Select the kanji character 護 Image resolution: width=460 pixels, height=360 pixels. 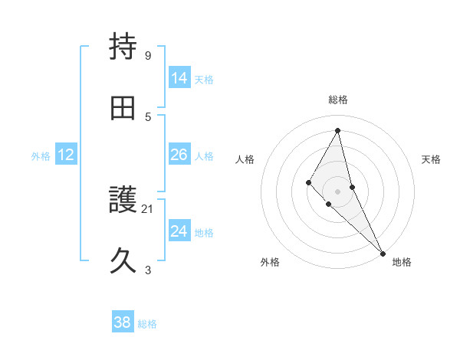click(x=123, y=201)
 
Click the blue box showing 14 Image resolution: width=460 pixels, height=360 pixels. click(x=179, y=78)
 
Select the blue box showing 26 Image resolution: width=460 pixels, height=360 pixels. click(x=179, y=155)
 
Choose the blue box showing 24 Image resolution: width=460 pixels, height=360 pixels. click(x=179, y=231)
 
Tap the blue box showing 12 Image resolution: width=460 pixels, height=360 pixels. click(x=66, y=155)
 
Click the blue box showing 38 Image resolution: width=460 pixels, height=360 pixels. click(x=122, y=323)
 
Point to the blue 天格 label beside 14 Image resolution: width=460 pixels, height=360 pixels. click(x=204, y=79)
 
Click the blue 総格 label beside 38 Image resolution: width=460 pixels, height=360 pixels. click(x=147, y=324)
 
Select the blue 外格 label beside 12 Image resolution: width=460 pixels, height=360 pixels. click(x=41, y=155)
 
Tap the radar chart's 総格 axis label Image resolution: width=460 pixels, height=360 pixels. click(x=338, y=100)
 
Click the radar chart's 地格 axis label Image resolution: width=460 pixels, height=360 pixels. click(x=402, y=262)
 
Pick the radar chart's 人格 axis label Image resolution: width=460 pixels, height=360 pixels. click(x=245, y=159)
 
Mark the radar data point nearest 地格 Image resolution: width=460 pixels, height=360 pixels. click(x=382, y=252)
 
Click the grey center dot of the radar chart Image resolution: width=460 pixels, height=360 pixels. click(x=337, y=191)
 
